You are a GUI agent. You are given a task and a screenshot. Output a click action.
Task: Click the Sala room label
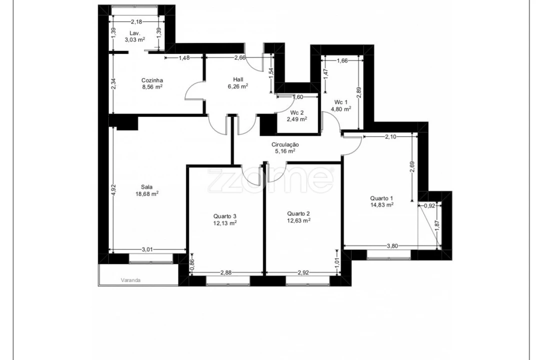pyautogui.click(x=147, y=187)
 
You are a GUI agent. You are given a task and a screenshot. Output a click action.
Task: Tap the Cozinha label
pyautogui.click(x=152, y=80)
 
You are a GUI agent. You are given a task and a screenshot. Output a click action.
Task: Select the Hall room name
pyautogui.click(x=238, y=79)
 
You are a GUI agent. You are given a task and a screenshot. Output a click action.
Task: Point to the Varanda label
pyautogui.click(x=130, y=280)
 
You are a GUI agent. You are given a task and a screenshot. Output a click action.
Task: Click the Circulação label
pyautogui.click(x=285, y=144)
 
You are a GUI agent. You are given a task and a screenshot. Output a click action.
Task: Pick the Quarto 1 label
pyautogui.click(x=382, y=197)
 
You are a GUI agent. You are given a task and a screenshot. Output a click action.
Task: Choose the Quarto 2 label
pyautogui.click(x=299, y=212)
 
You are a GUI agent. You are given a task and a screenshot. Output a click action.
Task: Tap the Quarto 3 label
pyautogui.click(x=225, y=216)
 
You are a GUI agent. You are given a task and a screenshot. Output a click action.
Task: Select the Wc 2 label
pyautogui.click(x=297, y=112)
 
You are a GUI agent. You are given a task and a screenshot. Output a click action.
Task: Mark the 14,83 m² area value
pyautogui.click(x=382, y=204)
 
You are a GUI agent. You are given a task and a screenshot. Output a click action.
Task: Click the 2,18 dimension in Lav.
pyautogui.click(x=136, y=21)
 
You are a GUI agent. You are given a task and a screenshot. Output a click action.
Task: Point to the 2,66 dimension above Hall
pyautogui.click(x=240, y=58)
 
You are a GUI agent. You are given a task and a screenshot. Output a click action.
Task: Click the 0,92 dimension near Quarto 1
pyautogui.click(x=429, y=205)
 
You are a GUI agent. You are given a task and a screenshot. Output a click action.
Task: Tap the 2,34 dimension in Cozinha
pyautogui.click(x=113, y=84)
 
